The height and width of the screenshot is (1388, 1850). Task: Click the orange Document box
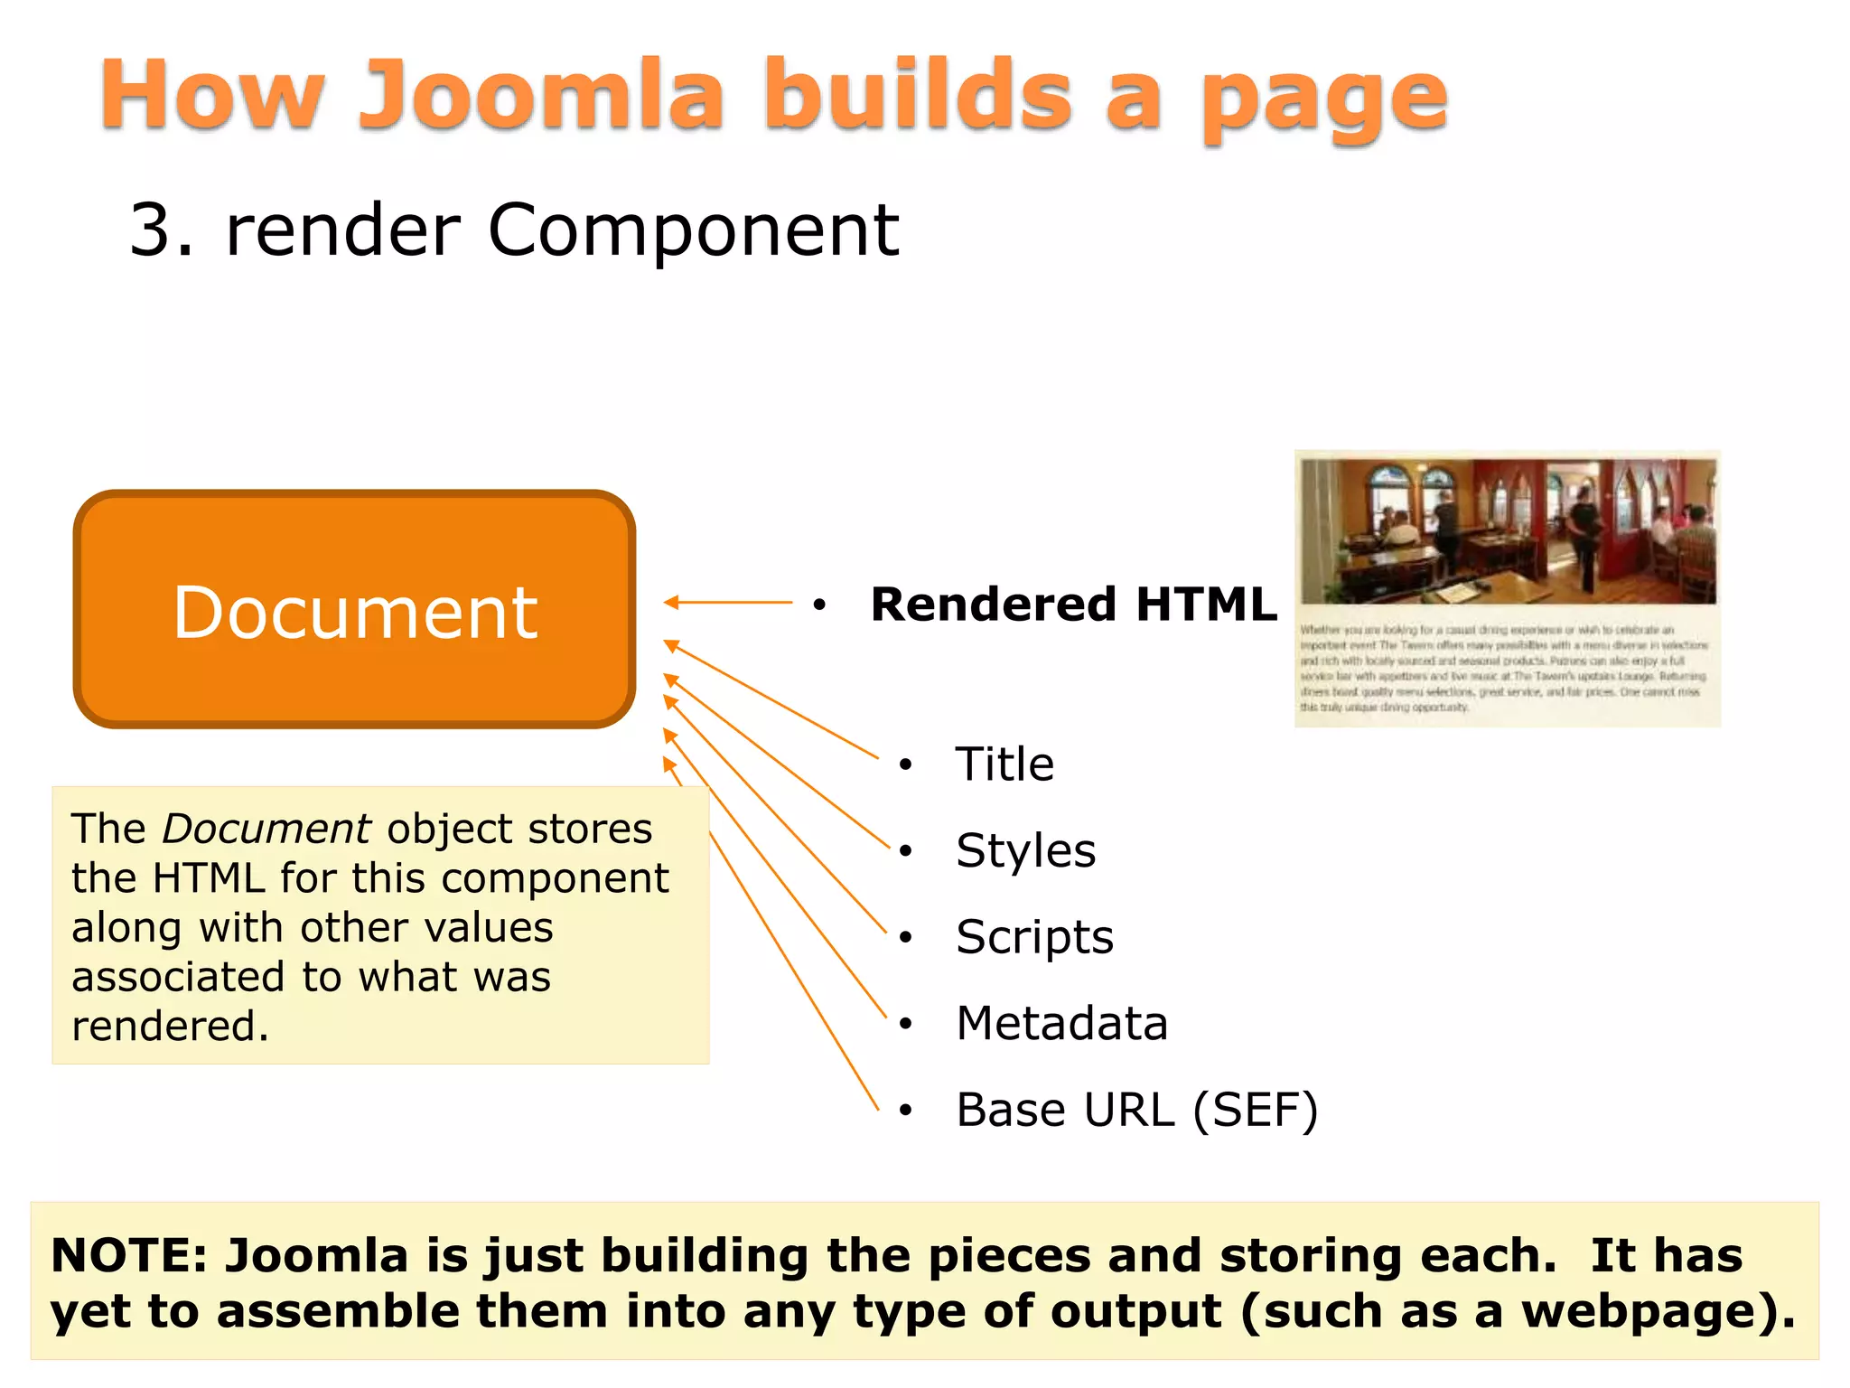point(354,610)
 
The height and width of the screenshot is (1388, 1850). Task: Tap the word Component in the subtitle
point(693,230)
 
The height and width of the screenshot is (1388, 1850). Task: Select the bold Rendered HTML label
point(1073,604)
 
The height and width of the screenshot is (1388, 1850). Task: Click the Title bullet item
point(1004,764)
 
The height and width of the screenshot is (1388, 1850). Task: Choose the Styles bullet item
point(1025,850)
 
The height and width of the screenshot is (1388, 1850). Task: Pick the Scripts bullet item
point(1034,937)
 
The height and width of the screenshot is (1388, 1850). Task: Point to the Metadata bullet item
point(1061,1023)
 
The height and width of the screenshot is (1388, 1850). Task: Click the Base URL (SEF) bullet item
point(1136,1110)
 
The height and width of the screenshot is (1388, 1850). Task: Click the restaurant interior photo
point(1508,531)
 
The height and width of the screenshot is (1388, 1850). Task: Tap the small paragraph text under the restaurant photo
point(1503,668)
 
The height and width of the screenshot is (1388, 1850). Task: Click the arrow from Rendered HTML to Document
point(728,602)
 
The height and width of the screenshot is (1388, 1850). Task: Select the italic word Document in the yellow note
point(266,829)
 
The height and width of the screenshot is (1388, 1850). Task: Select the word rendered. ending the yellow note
point(170,1027)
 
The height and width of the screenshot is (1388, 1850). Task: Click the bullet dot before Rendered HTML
point(819,605)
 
